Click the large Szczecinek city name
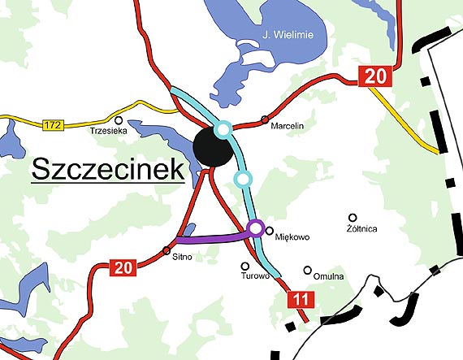pyautogui.click(x=106, y=171)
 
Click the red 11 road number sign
pyautogui.click(x=301, y=301)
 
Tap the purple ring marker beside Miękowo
pyautogui.click(x=256, y=228)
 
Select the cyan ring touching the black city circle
pyautogui.click(x=223, y=128)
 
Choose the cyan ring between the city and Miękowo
pyautogui.click(x=241, y=178)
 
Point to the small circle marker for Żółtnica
pyautogui.click(x=353, y=217)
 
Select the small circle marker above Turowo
pyautogui.click(x=244, y=265)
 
